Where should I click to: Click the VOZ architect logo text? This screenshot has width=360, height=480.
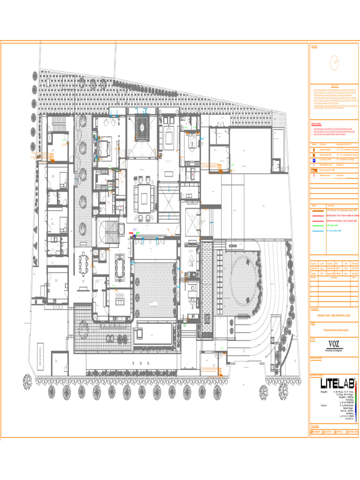(x=334, y=343)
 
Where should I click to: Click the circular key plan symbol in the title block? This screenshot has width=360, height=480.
(x=334, y=63)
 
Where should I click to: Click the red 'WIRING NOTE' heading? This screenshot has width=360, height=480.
(x=318, y=124)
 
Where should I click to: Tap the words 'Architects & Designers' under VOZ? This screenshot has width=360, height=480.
(x=334, y=350)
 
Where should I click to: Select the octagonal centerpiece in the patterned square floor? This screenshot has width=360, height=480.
(x=142, y=124)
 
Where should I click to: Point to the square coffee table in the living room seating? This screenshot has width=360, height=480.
(x=142, y=193)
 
